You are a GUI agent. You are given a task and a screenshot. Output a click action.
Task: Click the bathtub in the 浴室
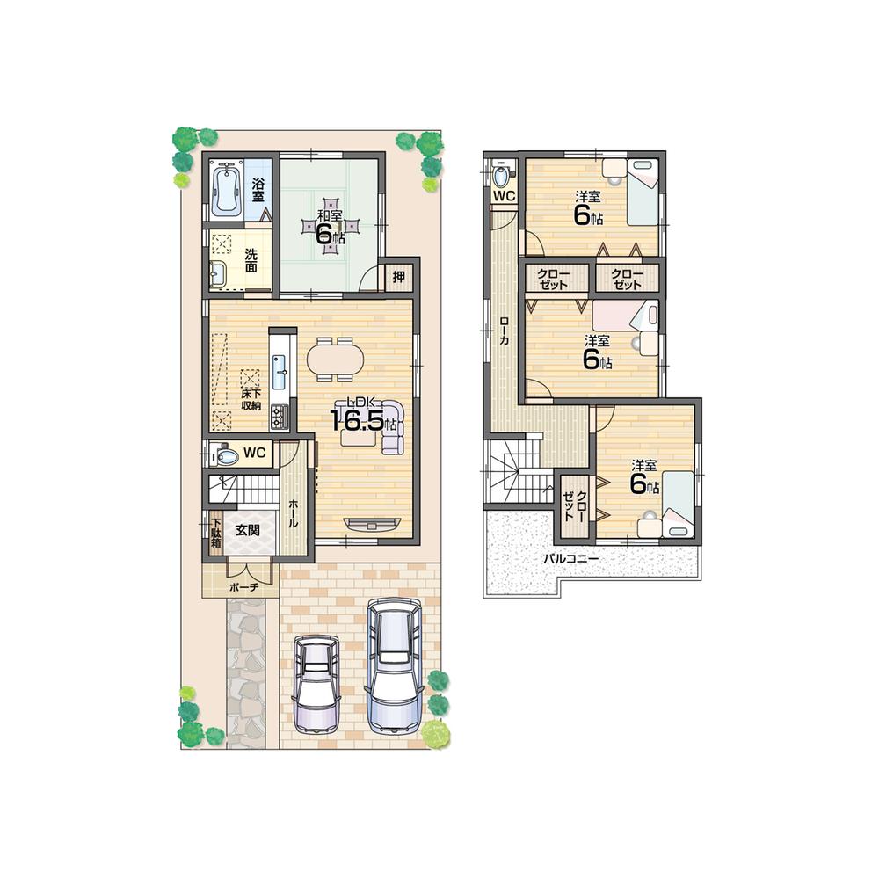227,188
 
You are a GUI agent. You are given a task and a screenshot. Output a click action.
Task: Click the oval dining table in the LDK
335,359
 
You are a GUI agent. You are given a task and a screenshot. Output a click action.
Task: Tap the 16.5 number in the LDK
357,420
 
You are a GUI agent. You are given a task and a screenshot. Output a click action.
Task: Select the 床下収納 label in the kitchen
251,400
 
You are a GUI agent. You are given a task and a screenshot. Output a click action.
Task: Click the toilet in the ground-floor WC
225,456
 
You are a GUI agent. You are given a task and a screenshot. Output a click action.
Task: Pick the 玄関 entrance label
247,530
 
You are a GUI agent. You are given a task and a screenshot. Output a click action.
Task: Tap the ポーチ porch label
242,586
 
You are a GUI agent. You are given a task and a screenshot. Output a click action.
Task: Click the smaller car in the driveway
316,683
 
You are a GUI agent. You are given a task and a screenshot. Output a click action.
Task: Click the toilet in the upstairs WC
502,175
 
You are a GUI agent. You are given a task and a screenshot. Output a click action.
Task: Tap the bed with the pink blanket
624,316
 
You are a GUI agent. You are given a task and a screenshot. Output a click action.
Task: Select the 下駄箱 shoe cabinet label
214,530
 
